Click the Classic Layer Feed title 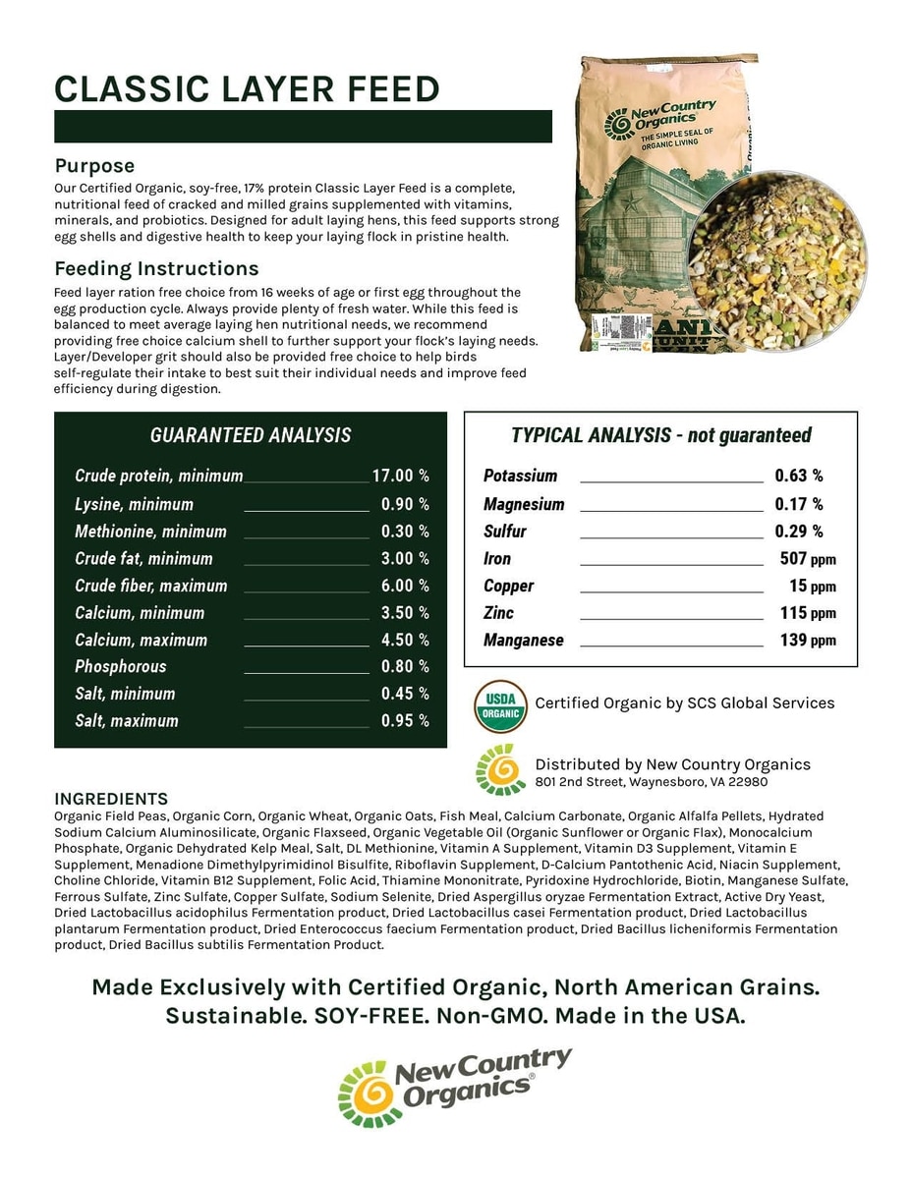pyautogui.click(x=247, y=89)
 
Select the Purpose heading pyautogui.click(x=94, y=166)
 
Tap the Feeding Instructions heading pyautogui.click(x=156, y=269)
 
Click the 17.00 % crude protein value pyautogui.click(x=400, y=477)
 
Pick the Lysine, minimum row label pyautogui.click(x=134, y=505)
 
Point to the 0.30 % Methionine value pyautogui.click(x=405, y=532)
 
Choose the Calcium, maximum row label pyautogui.click(x=141, y=640)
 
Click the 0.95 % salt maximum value pyautogui.click(x=405, y=721)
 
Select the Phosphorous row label pyautogui.click(x=120, y=667)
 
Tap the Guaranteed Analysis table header pyautogui.click(x=250, y=436)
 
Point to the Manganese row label pyautogui.click(x=523, y=641)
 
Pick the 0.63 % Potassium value pyautogui.click(x=799, y=477)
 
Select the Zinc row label pyautogui.click(x=498, y=613)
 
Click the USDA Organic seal pyautogui.click(x=500, y=706)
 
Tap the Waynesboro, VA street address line pyautogui.click(x=651, y=782)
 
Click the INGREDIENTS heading pyautogui.click(x=111, y=799)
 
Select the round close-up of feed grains pyautogui.click(x=776, y=258)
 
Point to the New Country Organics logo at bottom pyautogui.click(x=455, y=1087)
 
